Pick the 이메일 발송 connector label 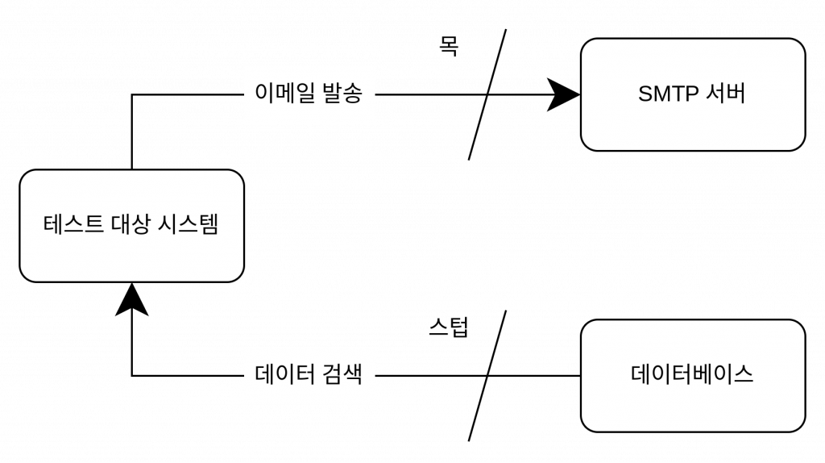309,94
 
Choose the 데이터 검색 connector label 309,375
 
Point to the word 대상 130,224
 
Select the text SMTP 668,94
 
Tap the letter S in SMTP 645,94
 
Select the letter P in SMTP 691,94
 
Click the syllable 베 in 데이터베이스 703,374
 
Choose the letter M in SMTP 660,94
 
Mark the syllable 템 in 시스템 209,224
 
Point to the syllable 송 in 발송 353,94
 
